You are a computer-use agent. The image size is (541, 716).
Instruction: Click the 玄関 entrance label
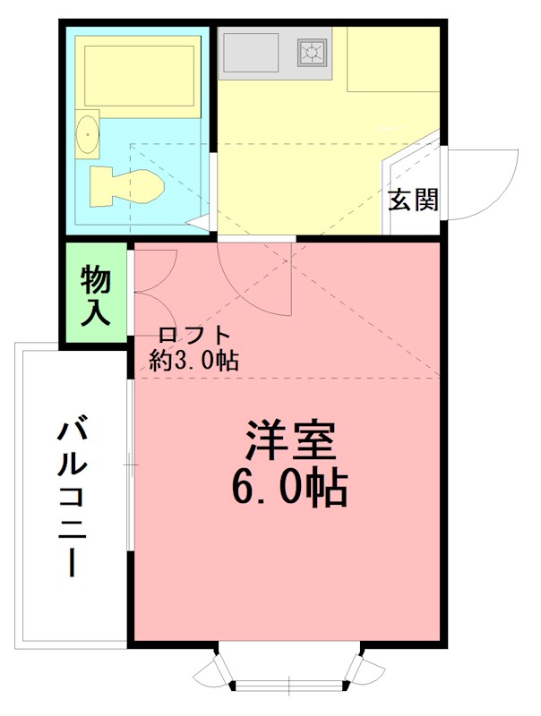pos(413,200)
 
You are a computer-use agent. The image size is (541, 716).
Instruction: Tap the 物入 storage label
pos(95,295)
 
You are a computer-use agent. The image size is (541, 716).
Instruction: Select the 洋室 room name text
pos(289,439)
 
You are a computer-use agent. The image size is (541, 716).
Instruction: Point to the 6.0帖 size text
pos(289,488)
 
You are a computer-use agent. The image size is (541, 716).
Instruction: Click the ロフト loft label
pos(194,337)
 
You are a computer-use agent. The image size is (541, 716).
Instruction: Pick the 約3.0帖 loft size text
pos(193,361)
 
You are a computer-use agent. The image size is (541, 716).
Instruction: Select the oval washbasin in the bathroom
pos(88,135)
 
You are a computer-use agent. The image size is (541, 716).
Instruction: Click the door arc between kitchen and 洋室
pos(255,282)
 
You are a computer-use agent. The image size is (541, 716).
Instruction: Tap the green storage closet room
pos(95,294)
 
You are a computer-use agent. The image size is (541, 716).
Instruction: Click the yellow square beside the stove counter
pos(392,59)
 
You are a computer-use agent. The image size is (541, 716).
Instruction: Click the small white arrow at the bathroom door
pos(199,221)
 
